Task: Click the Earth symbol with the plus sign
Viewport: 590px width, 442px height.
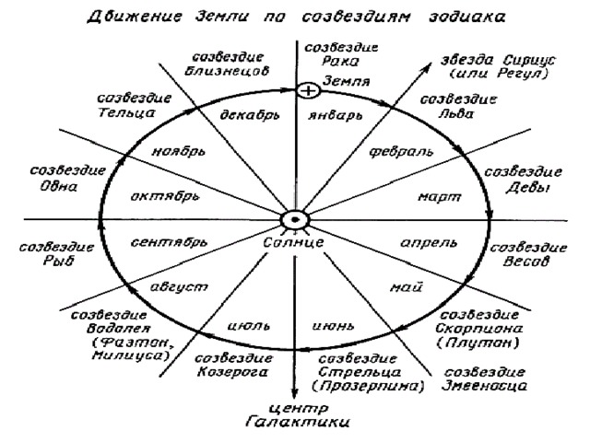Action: click(308, 90)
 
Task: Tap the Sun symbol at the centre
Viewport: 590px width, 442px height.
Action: click(295, 220)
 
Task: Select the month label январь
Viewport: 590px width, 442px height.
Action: click(336, 115)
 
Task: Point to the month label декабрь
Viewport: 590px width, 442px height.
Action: click(250, 114)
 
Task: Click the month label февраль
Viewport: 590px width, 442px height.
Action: click(401, 151)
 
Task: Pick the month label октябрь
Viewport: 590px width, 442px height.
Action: click(165, 196)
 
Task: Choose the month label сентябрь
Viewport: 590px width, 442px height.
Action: click(169, 242)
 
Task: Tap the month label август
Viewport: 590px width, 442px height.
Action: click(179, 287)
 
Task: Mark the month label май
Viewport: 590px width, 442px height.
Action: click(407, 288)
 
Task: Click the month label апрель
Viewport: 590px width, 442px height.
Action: click(429, 243)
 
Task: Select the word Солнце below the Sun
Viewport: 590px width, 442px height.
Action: click(293, 243)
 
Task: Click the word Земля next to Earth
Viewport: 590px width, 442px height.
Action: click(347, 81)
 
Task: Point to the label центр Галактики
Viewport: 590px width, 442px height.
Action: click(297, 415)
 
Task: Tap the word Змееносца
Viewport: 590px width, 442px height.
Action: click(484, 386)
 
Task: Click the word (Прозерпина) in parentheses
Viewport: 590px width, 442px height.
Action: click(369, 387)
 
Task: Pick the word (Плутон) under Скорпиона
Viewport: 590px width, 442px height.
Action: click(478, 343)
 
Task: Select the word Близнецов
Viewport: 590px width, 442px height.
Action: click(227, 71)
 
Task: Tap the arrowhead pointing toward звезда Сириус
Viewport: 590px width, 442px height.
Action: click(427, 68)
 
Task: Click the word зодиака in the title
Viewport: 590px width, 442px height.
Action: click(467, 17)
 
